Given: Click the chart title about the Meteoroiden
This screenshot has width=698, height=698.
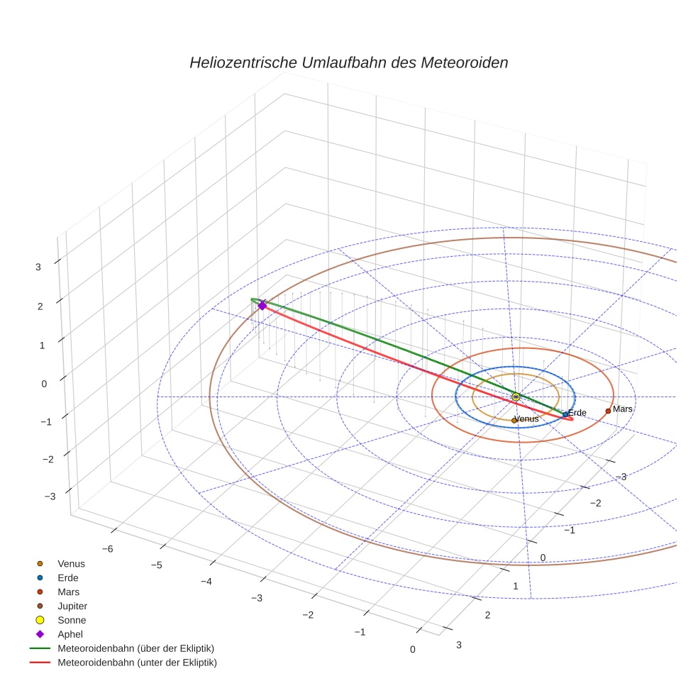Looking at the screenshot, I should [x=348, y=62].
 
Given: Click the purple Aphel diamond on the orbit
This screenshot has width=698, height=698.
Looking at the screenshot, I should [x=262, y=305].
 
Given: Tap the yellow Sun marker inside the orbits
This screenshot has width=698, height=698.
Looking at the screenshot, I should [x=516, y=397].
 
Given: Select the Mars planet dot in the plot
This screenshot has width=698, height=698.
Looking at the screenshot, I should [x=608, y=411].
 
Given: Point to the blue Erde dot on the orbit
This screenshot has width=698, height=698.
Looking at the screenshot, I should [x=565, y=414].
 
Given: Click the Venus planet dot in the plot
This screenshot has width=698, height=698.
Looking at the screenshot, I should [x=514, y=421].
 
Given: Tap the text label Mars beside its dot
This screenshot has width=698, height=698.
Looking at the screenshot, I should [x=623, y=409].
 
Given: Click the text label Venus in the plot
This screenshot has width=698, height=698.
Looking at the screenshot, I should [x=528, y=419].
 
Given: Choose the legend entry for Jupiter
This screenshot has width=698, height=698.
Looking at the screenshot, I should [x=72, y=606].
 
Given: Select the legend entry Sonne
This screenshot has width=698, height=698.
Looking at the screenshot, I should [x=72, y=620].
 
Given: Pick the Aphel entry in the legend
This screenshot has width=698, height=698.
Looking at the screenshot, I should [x=70, y=634].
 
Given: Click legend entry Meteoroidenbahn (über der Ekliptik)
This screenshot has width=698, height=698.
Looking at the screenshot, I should [x=135, y=648].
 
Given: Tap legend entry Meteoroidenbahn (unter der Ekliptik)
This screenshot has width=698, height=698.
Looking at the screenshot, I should [x=137, y=663].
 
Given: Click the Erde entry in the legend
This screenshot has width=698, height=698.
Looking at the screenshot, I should [x=68, y=577].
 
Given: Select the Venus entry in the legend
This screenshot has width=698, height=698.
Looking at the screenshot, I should [x=71, y=563].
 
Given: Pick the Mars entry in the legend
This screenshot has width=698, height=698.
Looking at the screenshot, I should [x=69, y=592].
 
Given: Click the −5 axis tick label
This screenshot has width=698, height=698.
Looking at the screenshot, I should [x=157, y=565].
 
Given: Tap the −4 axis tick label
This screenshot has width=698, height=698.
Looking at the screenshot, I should [x=206, y=581].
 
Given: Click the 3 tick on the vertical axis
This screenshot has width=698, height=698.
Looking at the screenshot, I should [x=38, y=267].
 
